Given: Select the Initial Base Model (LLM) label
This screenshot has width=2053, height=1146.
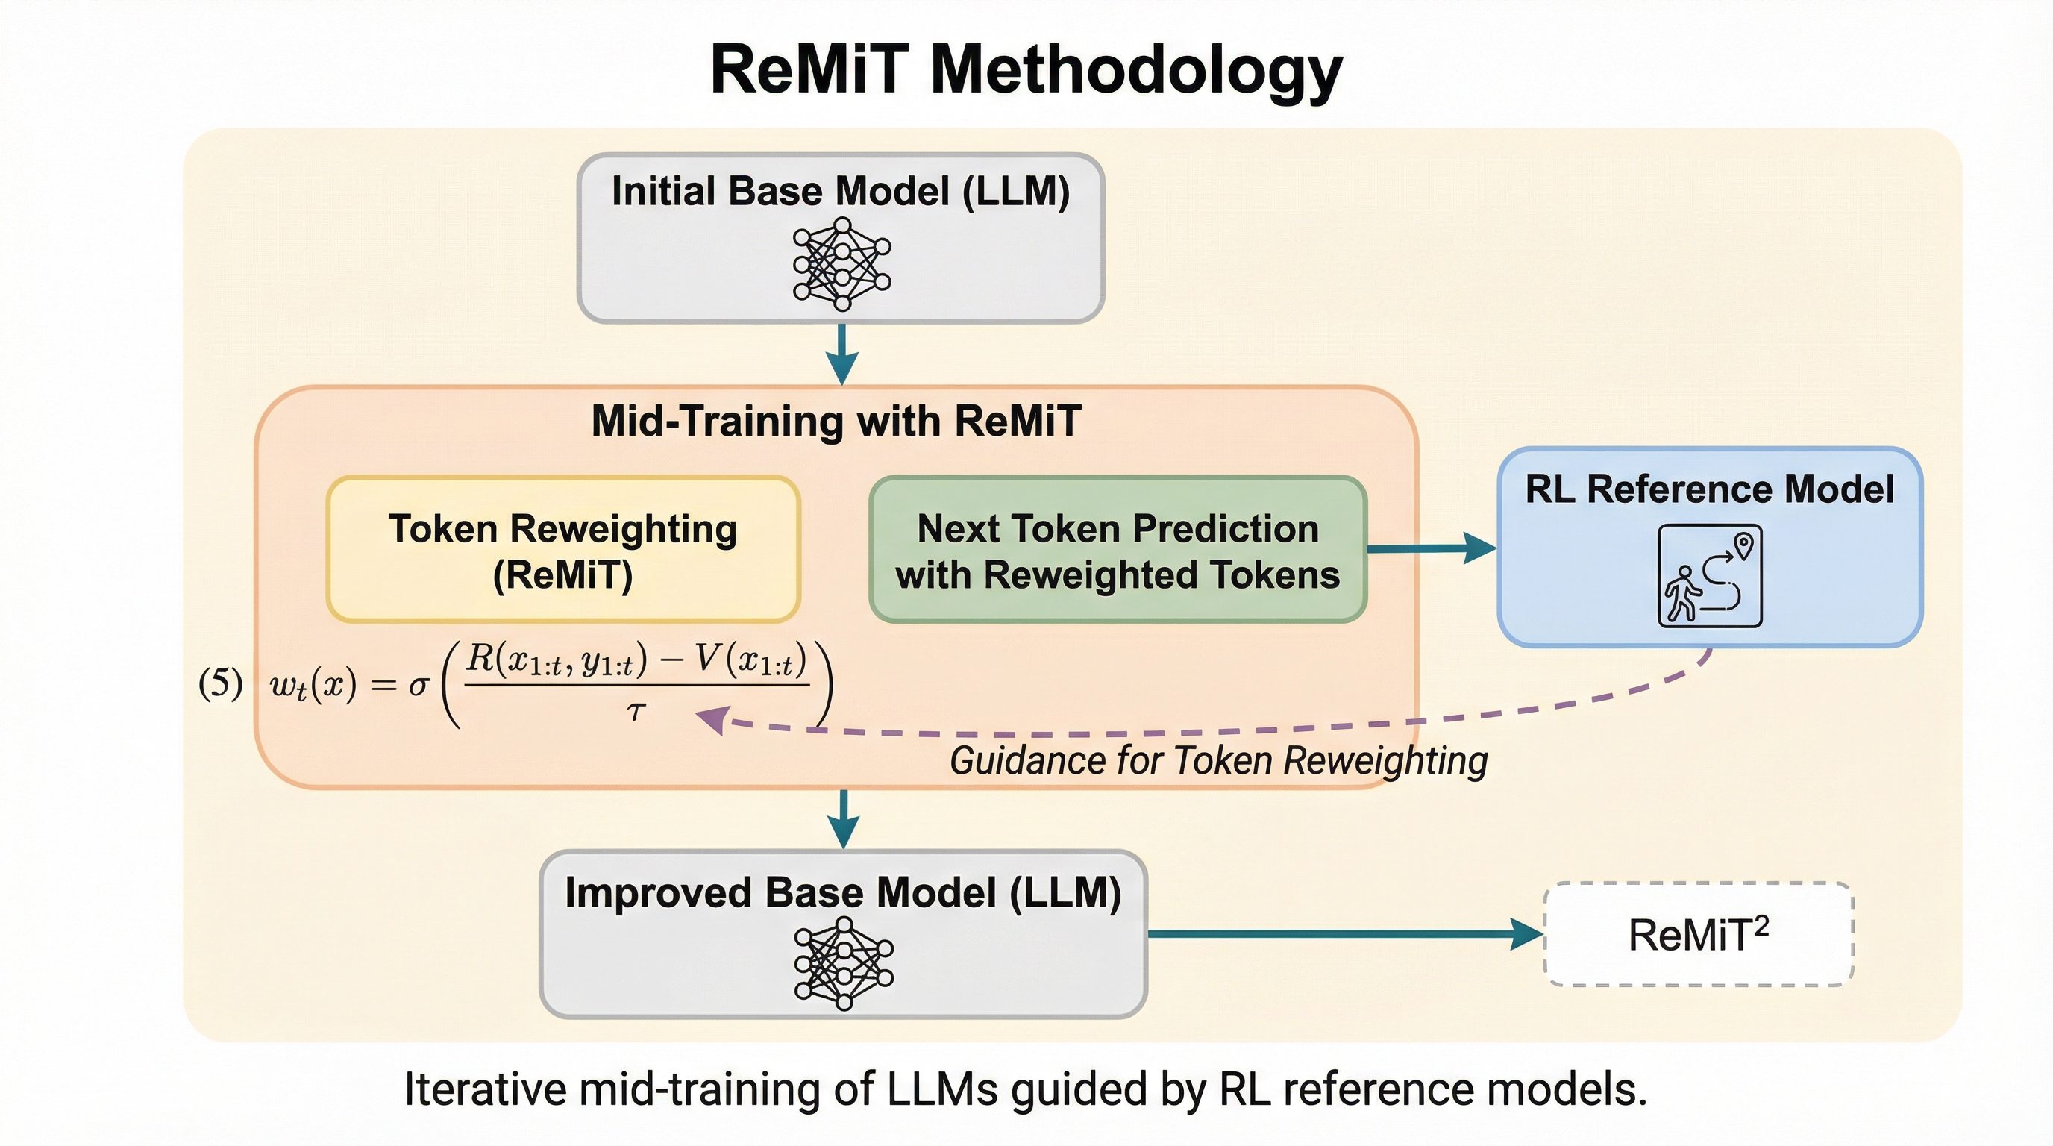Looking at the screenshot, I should tap(840, 191).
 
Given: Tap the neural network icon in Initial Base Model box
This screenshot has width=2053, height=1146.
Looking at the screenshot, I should tap(841, 263).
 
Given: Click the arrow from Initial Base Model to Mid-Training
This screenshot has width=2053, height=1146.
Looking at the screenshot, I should tap(841, 354).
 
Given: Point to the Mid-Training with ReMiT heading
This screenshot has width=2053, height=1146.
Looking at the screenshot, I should tap(836, 421).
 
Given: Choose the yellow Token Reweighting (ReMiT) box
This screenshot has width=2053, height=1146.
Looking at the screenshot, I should tap(562, 550).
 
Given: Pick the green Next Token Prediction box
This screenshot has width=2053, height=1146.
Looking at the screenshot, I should tap(1118, 550).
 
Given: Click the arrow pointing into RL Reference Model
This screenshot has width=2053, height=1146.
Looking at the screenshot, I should tap(1431, 548).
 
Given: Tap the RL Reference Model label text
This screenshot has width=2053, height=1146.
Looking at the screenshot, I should tap(1710, 489).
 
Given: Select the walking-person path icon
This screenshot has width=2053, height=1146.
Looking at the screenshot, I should tap(1710, 576).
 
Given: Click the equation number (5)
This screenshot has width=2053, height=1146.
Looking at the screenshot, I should tap(220, 683).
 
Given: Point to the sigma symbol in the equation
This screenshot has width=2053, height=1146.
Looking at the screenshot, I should tap(419, 685).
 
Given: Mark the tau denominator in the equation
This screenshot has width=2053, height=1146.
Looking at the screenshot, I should tap(634, 711).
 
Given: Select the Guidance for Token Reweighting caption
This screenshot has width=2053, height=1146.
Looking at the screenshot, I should tap(1217, 760).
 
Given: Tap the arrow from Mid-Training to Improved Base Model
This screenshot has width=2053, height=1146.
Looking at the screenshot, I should tap(843, 819).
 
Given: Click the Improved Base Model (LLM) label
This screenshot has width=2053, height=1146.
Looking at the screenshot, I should tap(842, 892).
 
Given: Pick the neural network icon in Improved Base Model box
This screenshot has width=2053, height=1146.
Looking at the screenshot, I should tap(843, 964).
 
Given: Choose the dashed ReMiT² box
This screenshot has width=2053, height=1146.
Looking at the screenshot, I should tap(1699, 934).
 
